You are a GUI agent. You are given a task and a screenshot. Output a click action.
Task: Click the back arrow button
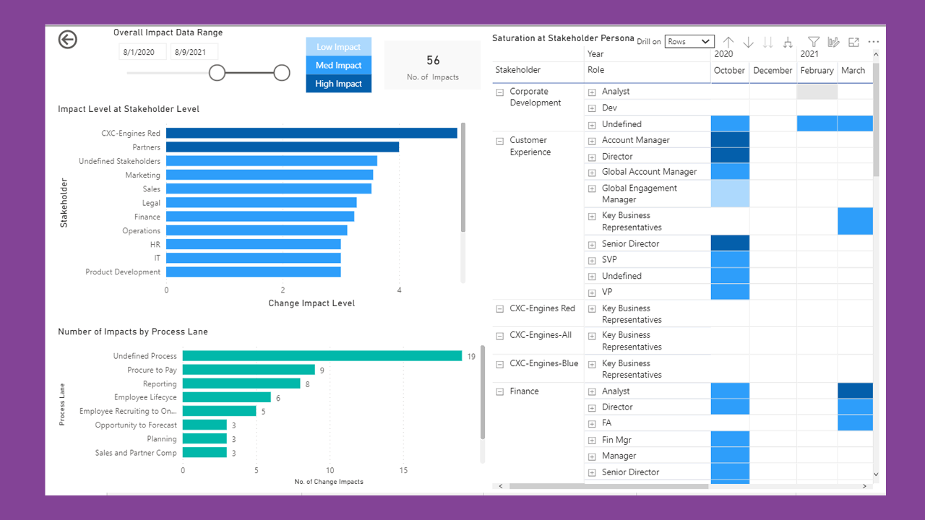[68, 40]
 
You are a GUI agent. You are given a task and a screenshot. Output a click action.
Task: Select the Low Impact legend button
[338, 47]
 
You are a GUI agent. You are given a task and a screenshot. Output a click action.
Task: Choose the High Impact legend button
[338, 84]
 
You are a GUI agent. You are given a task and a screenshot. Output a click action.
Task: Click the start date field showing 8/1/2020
[142, 52]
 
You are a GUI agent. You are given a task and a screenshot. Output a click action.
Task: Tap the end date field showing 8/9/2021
[194, 52]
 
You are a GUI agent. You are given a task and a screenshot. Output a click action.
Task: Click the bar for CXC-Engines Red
[311, 133]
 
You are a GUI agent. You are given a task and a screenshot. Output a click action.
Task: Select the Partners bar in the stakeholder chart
[282, 147]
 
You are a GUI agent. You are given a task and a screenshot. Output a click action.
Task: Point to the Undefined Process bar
[322, 356]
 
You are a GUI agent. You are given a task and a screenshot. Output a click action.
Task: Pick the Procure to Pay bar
[248, 370]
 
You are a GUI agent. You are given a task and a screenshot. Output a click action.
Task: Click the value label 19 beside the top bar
[471, 356]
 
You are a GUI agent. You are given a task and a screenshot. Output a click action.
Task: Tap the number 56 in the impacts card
[433, 61]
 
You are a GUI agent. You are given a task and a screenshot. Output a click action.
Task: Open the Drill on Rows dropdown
[689, 42]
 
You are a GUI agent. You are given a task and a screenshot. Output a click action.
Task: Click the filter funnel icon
[814, 43]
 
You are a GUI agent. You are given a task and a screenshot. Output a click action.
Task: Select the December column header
[773, 71]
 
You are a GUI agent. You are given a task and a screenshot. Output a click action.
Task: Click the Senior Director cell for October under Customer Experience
[730, 243]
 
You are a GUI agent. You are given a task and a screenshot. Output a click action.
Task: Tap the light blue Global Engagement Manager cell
[730, 194]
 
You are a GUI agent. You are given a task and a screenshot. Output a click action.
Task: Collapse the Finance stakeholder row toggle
[499, 391]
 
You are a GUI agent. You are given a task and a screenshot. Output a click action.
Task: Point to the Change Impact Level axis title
[311, 303]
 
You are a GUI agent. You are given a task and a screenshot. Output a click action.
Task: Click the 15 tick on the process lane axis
[403, 470]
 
